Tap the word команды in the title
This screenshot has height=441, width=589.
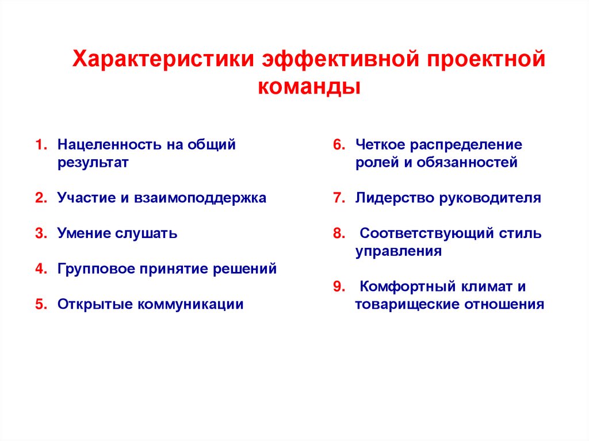308,88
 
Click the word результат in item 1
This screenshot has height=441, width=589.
93,163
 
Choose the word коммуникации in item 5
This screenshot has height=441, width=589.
190,304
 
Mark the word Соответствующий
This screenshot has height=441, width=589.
426,233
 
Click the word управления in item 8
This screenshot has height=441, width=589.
398,251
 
